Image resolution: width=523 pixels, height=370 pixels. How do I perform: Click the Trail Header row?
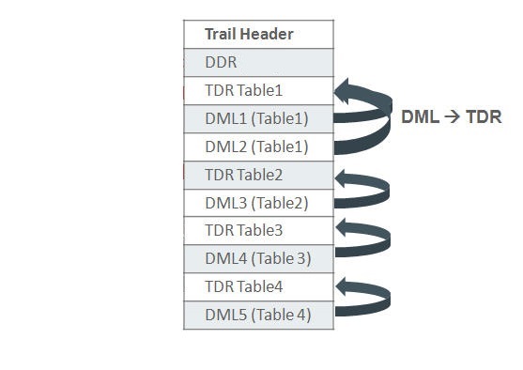[258, 35]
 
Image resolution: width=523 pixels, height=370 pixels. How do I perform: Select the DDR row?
[258, 63]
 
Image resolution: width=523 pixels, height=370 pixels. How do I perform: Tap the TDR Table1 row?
[258, 91]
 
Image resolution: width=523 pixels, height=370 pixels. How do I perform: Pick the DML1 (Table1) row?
[258, 119]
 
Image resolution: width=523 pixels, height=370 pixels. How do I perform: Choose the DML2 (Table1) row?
[258, 146]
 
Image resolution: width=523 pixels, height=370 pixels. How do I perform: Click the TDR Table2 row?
[258, 175]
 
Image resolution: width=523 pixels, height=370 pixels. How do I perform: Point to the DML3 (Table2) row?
[258, 203]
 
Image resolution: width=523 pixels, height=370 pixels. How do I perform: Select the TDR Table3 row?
[258, 230]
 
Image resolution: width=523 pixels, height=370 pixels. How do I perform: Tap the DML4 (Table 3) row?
[258, 258]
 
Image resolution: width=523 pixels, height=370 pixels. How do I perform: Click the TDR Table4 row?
[258, 286]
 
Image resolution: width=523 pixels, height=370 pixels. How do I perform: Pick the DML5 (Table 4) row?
[258, 315]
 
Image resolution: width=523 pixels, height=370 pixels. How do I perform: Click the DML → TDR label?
[452, 117]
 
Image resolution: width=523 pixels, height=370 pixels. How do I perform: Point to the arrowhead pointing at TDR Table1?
[344, 91]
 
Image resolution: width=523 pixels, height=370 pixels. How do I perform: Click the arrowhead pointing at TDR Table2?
[344, 176]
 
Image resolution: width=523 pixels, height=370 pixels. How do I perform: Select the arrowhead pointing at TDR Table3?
[344, 228]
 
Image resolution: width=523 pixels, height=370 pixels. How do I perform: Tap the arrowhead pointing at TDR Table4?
[344, 285]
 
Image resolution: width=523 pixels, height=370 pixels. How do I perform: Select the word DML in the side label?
[419, 117]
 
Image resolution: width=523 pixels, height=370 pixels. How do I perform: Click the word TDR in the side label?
[485, 117]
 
